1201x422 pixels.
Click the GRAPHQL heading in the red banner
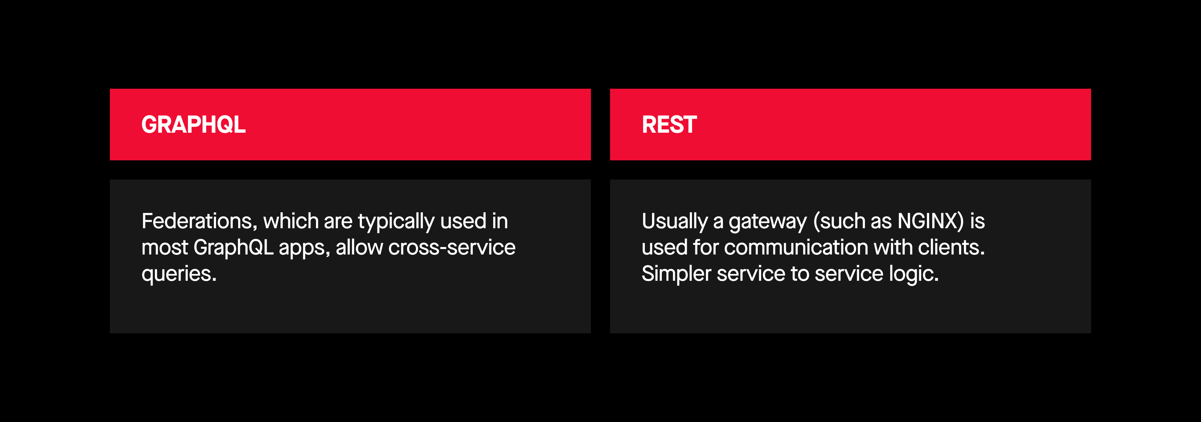click(x=193, y=125)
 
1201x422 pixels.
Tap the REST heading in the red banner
click(x=669, y=125)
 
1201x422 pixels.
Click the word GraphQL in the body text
click(x=234, y=248)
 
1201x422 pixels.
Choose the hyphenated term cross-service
click(x=452, y=248)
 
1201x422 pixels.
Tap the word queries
click(x=179, y=275)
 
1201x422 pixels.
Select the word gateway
click(x=767, y=222)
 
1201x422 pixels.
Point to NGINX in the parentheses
click(x=930, y=221)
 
